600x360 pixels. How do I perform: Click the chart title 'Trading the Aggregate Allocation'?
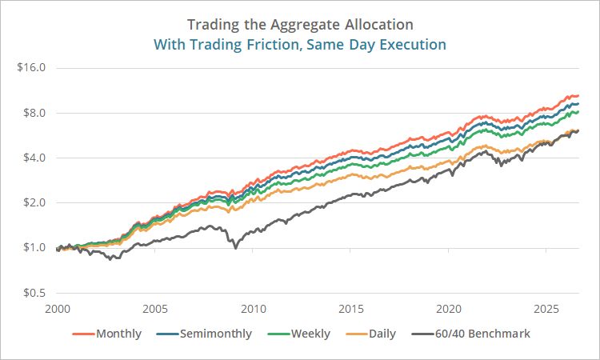click(300, 25)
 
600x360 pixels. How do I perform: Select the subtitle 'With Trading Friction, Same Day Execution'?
click(300, 45)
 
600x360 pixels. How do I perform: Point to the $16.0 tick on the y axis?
click(31, 68)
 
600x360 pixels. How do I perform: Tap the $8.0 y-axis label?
click(34, 113)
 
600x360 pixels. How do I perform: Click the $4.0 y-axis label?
click(34, 158)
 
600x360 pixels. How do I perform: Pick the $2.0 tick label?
click(34, 202)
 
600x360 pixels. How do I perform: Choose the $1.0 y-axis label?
click(34, 247)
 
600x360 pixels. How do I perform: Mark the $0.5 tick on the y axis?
click(34, 293)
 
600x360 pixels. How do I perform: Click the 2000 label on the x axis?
click(58, 309)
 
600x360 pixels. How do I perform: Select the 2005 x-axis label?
click(155, 309)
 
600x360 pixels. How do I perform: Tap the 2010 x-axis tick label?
click(253, 309)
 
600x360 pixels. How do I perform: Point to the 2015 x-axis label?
click(351, 309)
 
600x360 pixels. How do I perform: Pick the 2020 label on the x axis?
click(449, 309)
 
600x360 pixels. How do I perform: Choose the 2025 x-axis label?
click(546, 309)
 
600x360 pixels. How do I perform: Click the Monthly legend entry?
click(106, 334)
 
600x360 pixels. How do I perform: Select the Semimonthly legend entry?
click(204, 334)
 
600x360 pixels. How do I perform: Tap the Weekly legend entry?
click(298, 334)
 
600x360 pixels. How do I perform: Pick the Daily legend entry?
click(370, 334)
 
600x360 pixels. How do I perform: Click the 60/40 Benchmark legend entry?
click(470, 334)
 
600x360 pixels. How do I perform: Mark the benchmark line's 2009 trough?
click(235, 248)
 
